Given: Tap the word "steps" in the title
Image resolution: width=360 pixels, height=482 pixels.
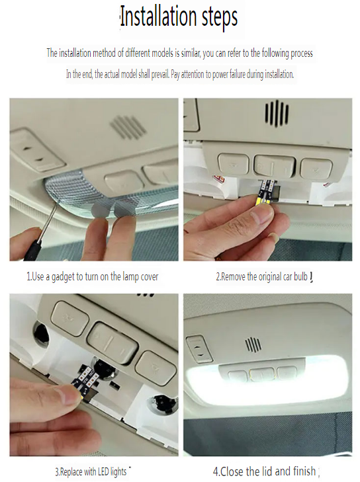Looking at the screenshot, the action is [220, 18].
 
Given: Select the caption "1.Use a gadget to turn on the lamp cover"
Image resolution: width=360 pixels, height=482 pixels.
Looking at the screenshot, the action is [92, 276].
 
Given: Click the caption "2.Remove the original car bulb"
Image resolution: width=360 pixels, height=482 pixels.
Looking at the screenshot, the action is [261, 276].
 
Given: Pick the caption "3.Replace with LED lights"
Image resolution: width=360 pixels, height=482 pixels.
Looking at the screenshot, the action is [91, 471].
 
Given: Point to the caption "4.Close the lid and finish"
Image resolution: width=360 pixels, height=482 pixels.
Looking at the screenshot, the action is [264, 471].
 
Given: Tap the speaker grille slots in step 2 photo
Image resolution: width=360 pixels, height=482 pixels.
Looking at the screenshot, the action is [277, 113].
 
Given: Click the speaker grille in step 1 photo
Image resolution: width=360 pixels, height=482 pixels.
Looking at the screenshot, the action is [127, 126].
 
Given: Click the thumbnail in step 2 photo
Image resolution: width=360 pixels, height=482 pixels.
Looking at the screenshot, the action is [263, 215].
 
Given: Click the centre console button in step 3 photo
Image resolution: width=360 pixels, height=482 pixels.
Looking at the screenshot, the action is [112, 341].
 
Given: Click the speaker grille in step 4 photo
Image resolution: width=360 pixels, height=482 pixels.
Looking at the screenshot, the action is [253, 345].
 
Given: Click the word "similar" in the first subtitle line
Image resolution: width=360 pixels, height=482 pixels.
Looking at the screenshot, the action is [191, 54].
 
